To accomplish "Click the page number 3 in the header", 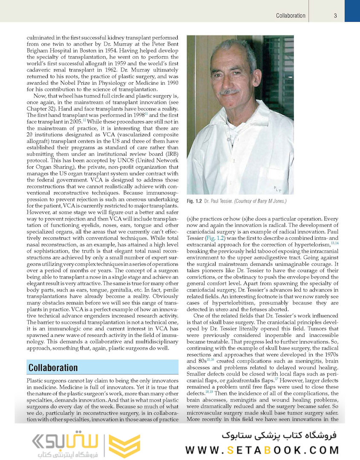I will point(335,16).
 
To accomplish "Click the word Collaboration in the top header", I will point(291,16).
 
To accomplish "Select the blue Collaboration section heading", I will point(53,368).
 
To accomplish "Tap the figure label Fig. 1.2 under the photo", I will point(195,201).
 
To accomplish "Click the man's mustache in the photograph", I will point(230,91).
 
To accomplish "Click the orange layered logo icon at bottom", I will point(124,446).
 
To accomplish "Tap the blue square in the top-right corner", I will point(352,11).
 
